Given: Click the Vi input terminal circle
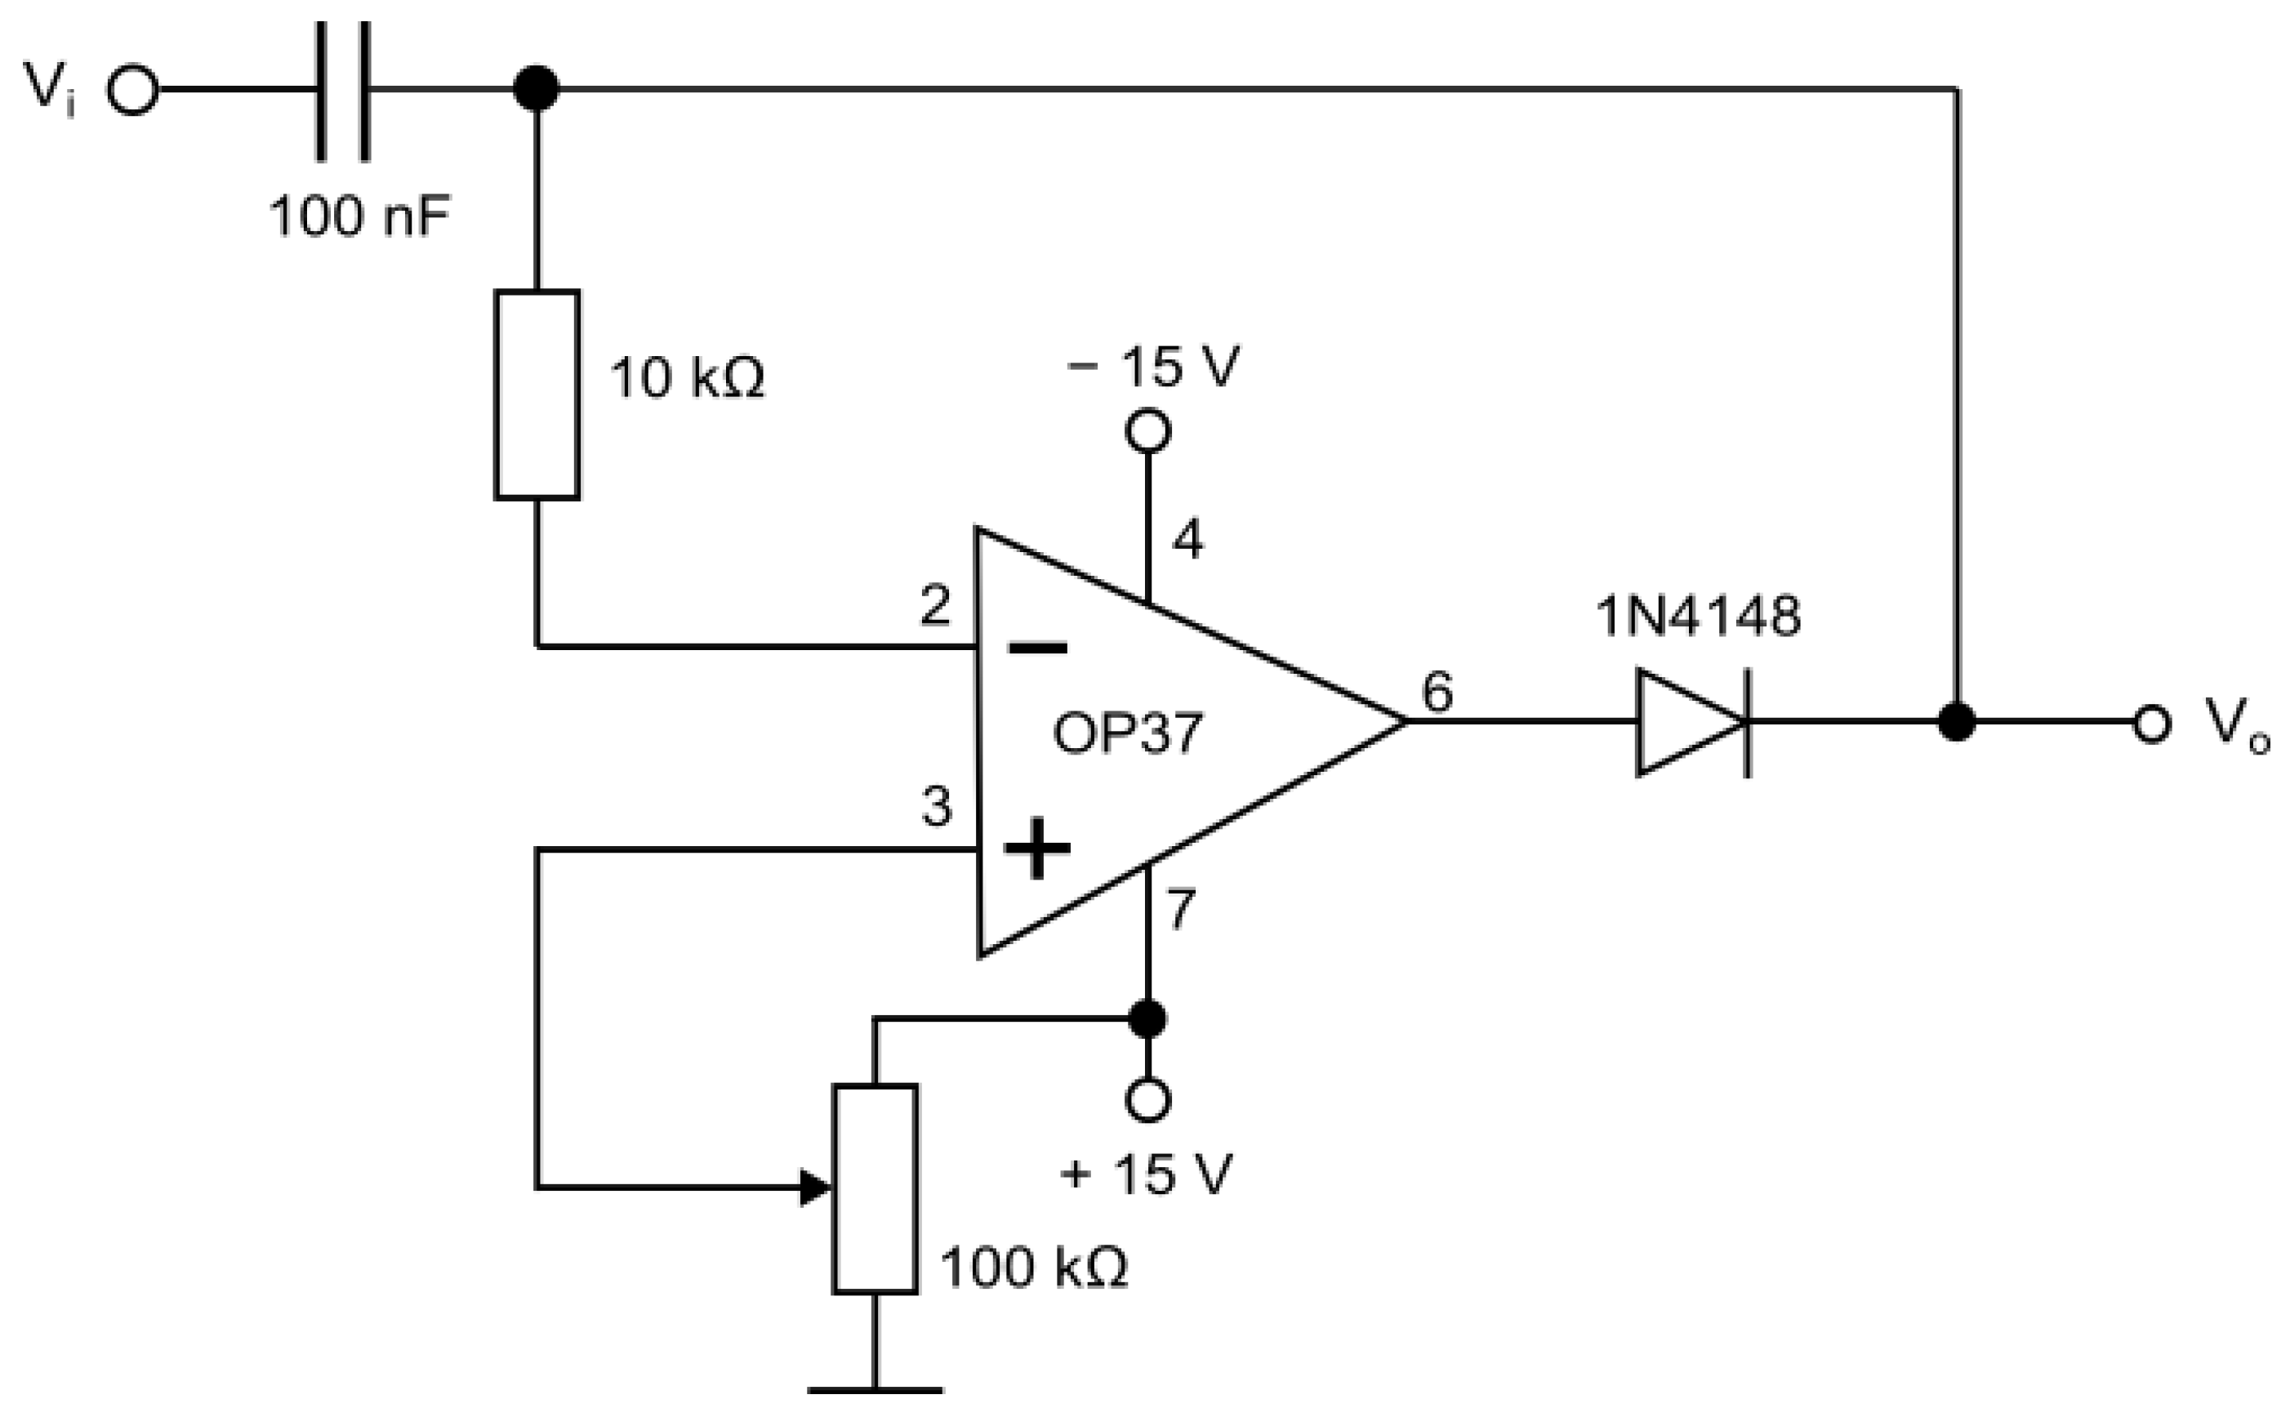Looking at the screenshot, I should pos(133,90).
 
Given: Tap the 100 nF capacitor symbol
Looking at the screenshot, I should pos(343,90).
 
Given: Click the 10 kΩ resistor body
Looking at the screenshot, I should pos(537,394).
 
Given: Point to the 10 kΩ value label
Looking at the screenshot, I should pos(687,379).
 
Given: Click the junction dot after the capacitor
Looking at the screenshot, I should pos(537,89).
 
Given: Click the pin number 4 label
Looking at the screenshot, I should pos(1188,540).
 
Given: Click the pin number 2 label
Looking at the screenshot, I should pos(935,605).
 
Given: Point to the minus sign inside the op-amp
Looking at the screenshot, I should pos(1037,648).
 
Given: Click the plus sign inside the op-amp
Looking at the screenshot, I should pos(1037,848).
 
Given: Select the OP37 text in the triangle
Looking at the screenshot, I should pos(1127,733).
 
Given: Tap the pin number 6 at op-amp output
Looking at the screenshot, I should pos(1437,692).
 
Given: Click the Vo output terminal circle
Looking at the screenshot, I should pos(2152,724).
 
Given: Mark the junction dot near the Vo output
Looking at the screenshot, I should pos(1957,722).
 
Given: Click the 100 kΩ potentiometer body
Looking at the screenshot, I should pos(875,1189).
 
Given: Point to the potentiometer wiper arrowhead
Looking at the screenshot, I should pos(815,1188).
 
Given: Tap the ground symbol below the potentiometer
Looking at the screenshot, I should pos(875,1389).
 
